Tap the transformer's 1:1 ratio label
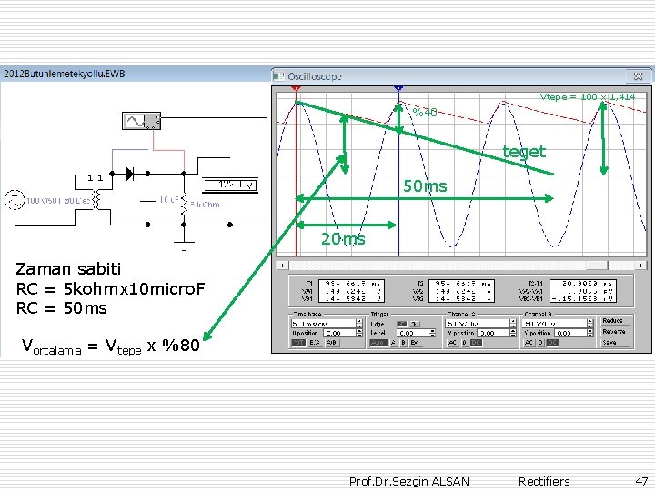pos(96,178)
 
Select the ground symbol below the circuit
pos(183,246)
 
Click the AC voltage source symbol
pos(15,199)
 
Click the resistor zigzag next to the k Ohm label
pos(185,203)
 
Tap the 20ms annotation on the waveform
pos(342,239)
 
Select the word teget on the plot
pos(524,152)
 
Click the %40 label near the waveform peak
pos(426,113)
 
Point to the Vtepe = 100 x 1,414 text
pos(588,96)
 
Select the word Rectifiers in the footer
pos(544,481)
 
